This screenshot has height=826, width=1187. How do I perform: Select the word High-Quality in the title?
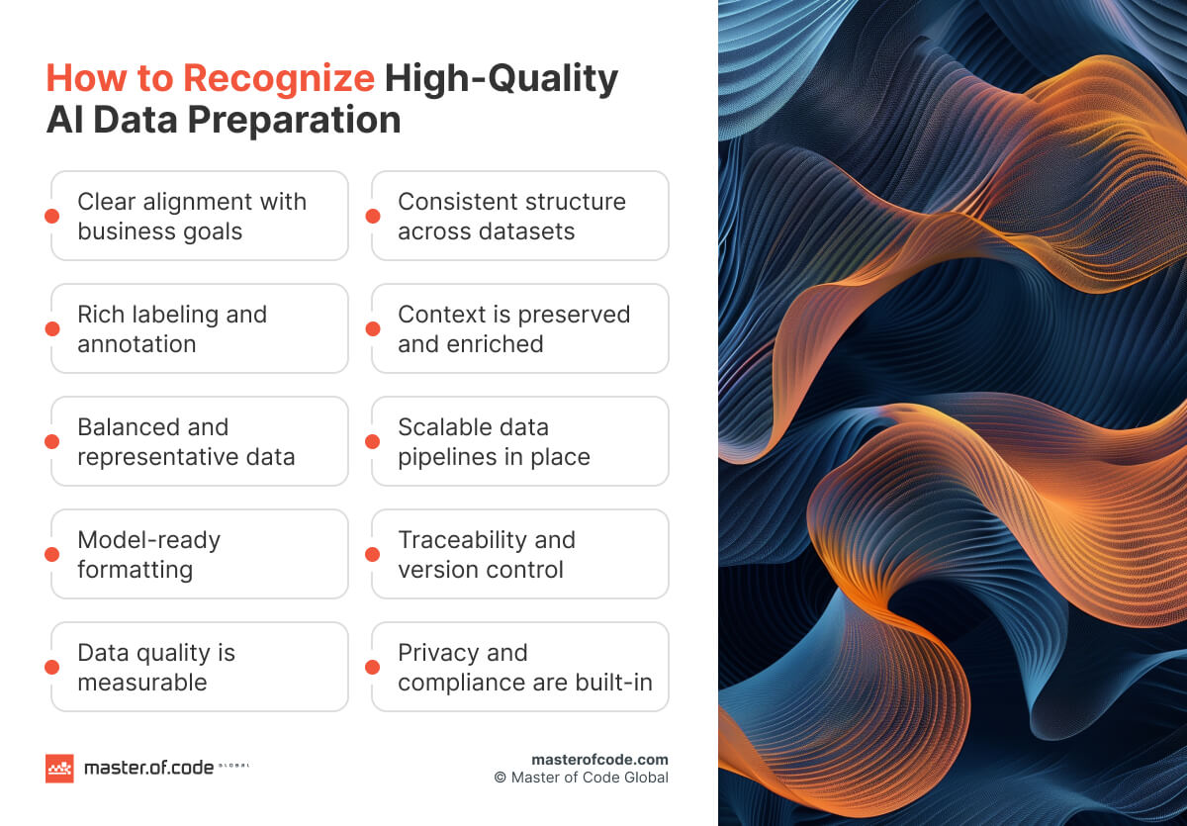click(x=501, y=79)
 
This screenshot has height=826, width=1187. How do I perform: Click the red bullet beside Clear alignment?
click(x=52, y=216)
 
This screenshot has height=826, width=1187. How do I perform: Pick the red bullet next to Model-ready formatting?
click(x=52, y=554)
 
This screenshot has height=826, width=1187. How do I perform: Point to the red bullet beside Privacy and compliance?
click(x=373, y=667)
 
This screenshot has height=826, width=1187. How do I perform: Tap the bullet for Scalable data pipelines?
click(x=373, y=441)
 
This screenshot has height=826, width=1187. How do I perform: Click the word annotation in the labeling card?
click(x=137, y=344)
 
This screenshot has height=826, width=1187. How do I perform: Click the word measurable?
click(x=141, y=683)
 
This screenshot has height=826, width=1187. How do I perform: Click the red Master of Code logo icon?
click(x=59, y=769)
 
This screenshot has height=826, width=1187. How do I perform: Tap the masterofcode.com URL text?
click(x=599, y=760)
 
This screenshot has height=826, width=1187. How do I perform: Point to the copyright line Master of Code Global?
click(x=582, y=778)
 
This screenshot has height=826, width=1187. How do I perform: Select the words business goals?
click(x=159, y=231)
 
